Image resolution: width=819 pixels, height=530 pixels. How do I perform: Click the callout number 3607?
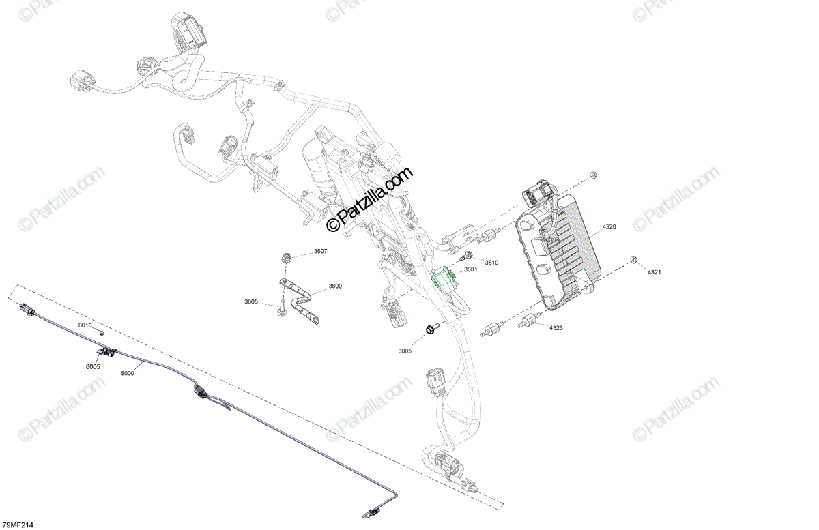(x=320, y=252)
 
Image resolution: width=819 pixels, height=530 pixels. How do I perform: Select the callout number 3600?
(x=335, y=286)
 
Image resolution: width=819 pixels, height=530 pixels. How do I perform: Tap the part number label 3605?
(x=251, y=301)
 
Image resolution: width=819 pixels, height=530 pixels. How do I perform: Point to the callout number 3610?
(x=491, y=263)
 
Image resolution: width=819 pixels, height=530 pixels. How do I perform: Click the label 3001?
(x=470, y=269)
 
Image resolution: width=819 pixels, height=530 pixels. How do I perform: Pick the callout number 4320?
(x=609, y=226)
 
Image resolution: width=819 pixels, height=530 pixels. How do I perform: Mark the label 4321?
(x=654, y=272)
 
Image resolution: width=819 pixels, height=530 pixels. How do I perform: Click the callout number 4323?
(x=556, y=328)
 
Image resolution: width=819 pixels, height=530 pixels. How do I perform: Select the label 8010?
(x=84, y=326)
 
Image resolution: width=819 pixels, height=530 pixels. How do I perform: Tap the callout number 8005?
(x=94, y=366)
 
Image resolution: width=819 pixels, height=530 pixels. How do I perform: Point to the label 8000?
(x=128, y=373)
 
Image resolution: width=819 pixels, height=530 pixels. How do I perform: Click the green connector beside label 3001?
(x=443, y=276)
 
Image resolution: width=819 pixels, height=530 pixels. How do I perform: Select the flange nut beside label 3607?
(x=287, y=258)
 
